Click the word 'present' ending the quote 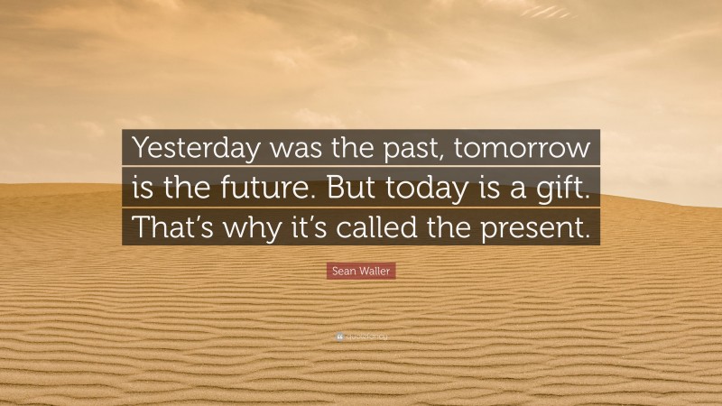point(541,228)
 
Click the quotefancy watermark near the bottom point(361,337)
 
